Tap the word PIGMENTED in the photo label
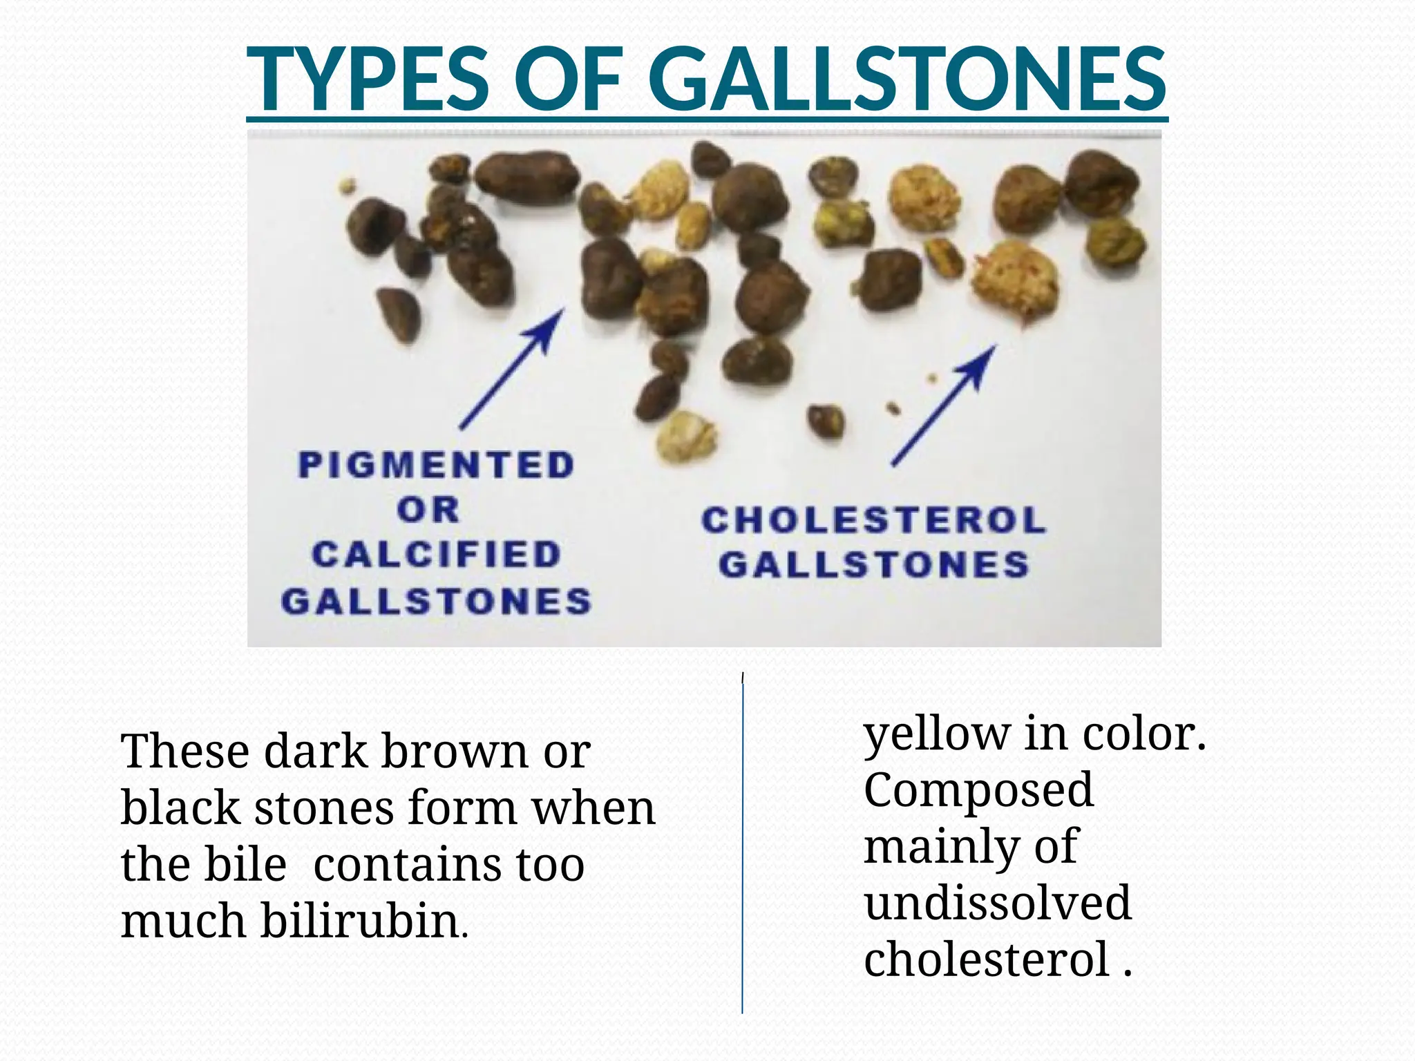click(x=436, y=465)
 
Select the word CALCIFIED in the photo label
click(x=436, y=555)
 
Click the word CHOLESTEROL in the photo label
click(x=874, y=520)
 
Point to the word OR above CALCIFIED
click(x=428, y=510)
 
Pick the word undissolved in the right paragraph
click(x=998, y=903)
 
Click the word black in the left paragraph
click(x=180, y=807)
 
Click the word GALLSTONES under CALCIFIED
click(x=436, y=602)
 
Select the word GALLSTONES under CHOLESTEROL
click(x=874, y=565)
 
